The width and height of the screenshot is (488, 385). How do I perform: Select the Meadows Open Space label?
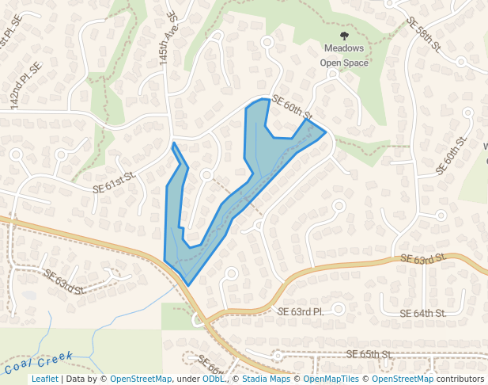(344, 55)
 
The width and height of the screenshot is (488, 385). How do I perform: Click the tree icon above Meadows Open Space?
(344, 36)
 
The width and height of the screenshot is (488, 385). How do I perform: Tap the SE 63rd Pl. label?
(301, 312)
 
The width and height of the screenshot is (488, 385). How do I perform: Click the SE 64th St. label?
(423, 314)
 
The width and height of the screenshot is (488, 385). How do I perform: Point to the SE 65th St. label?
(370, 353)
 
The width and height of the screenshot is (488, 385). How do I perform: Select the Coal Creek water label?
(38, 362)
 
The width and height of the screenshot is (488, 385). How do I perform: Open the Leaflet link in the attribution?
(44, 379)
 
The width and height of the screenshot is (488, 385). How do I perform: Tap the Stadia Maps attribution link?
(265, 379)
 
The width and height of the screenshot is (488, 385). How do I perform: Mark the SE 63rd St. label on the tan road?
(423, 259)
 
